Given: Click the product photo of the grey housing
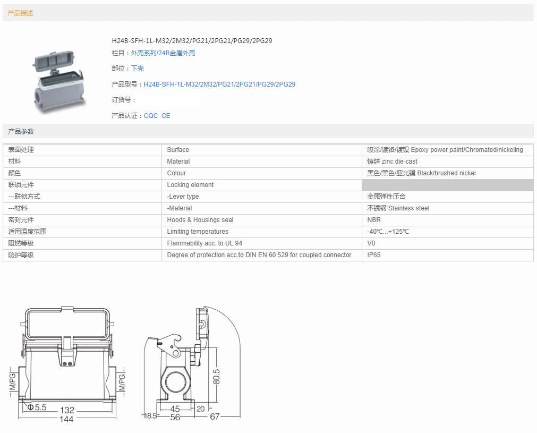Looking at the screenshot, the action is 58,82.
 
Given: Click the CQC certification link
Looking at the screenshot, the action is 151,116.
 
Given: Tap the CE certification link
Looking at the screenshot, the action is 166,116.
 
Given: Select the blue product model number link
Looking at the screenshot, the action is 219,84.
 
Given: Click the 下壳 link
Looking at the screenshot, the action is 138,69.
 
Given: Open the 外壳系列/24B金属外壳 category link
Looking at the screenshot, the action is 163,53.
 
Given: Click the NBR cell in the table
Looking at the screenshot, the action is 374,220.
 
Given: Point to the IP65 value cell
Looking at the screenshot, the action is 373,255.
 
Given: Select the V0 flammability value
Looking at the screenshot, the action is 371,243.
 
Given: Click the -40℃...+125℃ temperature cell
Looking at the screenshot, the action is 388,232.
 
